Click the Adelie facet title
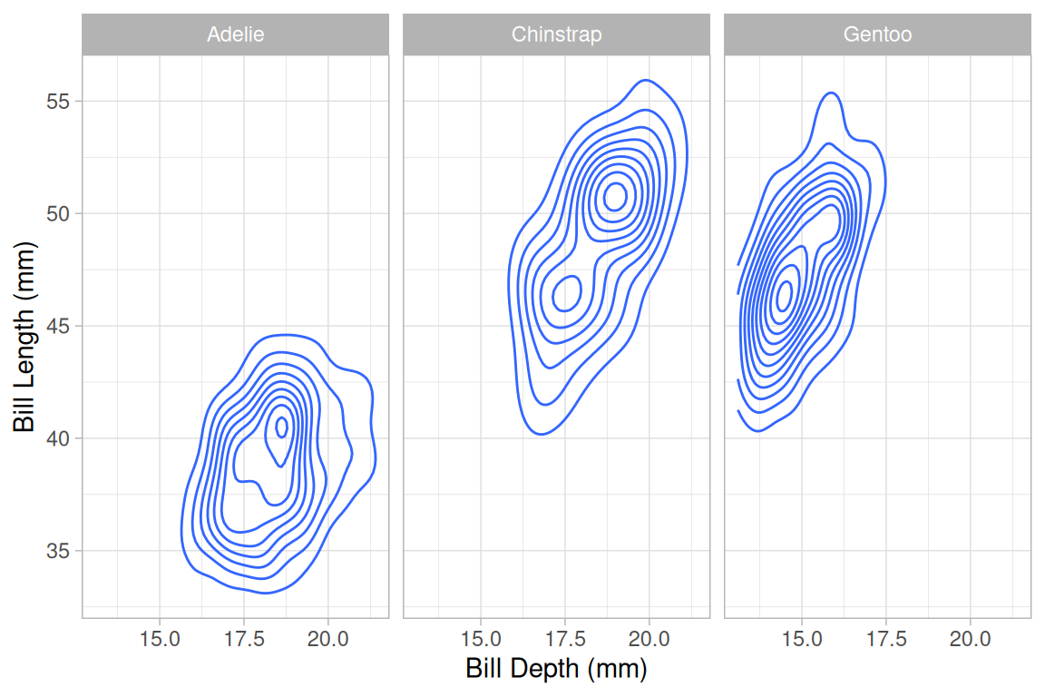click(x=235, y=35)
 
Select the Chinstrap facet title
click(x=556, y=35)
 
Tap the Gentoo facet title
click(x=877, y=35)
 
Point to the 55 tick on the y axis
click(x=59, y=101)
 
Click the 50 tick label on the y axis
click(x=59, y=213)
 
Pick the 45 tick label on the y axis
click(x=59, y=326)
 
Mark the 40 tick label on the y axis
click(x=59, y=438)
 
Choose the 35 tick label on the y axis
click(x=59, y=551)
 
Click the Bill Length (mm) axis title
click(x=24, y=337)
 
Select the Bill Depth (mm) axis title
click(x=556, y=669)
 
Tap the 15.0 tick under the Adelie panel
click(x=160, y=638)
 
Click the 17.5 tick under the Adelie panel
click(x=244, y=638)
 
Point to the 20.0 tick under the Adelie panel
click(x=328, y=638)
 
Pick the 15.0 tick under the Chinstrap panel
click(x=481, y=638)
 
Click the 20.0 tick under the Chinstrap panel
click(x=649, y=638)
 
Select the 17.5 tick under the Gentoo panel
click(x=886, y=638)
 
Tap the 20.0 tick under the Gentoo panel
click(x=971, y=638)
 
